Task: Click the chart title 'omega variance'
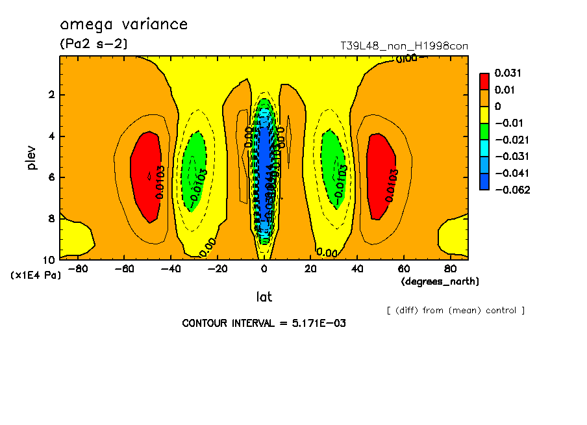click(x=123, y=25)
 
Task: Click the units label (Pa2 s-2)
click(x=94, y=44)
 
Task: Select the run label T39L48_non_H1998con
click(x=404, y=46)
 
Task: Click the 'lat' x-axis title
click(x=264, y=297)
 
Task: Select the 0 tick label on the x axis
click(x=264, y=268)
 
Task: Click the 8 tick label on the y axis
click(x=53, y=218)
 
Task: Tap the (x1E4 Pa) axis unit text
click(x=36, y=276)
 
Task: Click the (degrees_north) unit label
click(x=440, y=281)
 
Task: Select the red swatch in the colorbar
click(x=484, y=81)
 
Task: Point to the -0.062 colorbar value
click(x=512, y=190)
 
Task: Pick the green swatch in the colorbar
click(x=484, y=131)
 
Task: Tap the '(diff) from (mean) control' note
click(x=455, y=310)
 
